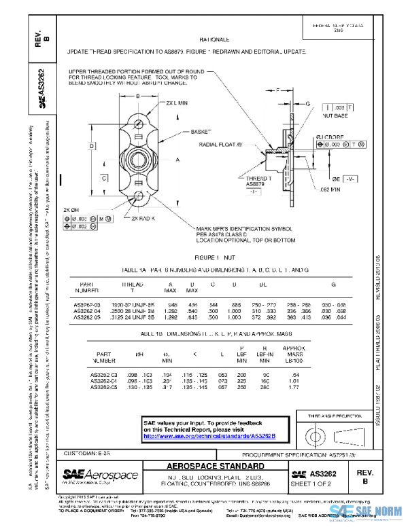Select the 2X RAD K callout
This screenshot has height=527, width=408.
click(143, 219)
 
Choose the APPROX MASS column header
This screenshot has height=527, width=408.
click(295, 355)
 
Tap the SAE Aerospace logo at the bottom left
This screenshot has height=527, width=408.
click(100, 475)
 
